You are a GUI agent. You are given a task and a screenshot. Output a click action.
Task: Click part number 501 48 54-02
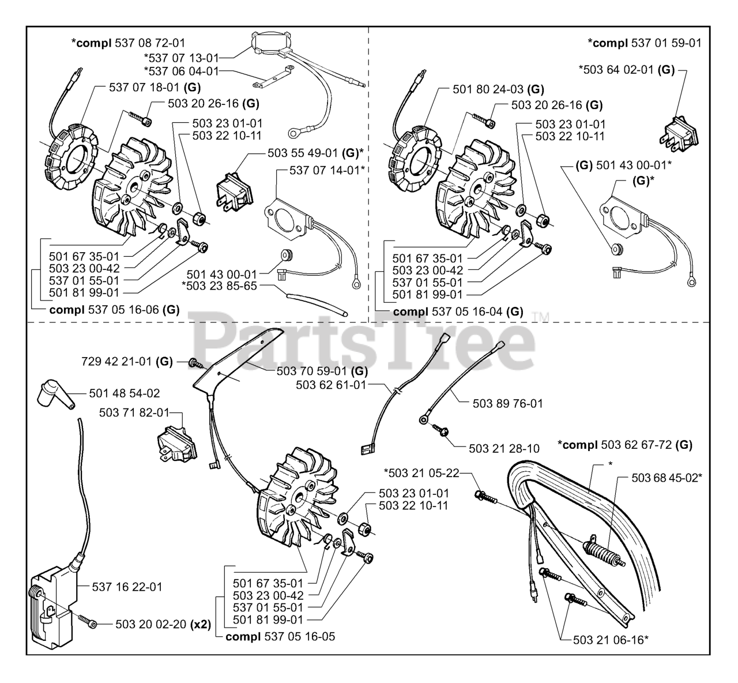pos(125,393)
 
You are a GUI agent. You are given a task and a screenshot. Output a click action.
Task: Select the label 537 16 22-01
pos(127,587)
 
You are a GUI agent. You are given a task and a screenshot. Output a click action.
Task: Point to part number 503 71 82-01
pos(134,412)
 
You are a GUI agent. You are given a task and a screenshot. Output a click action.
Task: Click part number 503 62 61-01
pos(330,384)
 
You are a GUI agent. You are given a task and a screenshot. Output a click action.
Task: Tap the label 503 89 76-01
pos(507,404)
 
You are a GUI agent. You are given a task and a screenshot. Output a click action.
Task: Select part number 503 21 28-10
pos(504,448)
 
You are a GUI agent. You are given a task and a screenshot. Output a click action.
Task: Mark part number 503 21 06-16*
pos(612,639)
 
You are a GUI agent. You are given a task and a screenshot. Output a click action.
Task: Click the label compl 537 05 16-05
pos(280,637)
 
